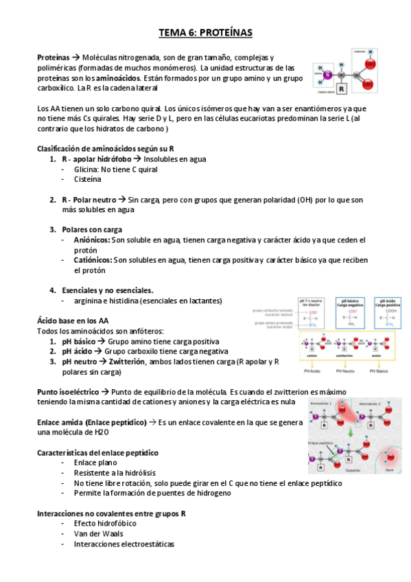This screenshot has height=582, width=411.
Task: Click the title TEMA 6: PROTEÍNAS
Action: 205,32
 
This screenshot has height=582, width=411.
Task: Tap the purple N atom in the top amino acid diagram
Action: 327,74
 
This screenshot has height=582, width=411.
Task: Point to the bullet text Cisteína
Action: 89,178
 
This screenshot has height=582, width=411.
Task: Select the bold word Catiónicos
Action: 93,260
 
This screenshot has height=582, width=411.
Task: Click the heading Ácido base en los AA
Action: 72,321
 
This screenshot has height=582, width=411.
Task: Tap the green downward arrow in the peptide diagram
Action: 351,432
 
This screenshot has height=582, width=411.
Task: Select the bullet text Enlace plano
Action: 95,463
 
